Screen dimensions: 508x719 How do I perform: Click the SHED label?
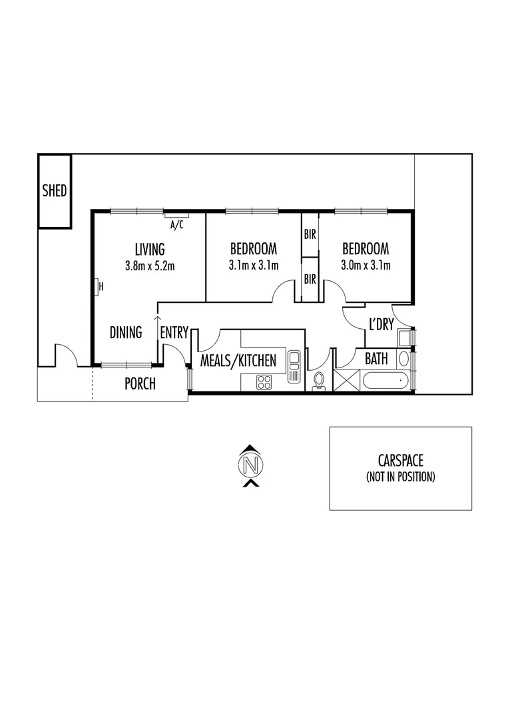click(x=55, y=191)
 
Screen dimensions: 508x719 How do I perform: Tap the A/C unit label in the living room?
click(x=176, y=225)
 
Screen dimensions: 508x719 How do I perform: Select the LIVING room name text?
click(x=149, y=250)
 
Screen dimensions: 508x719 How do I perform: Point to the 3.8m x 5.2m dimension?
click(x=149, y=266)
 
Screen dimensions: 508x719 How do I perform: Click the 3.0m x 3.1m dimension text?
click(x=366, y=266)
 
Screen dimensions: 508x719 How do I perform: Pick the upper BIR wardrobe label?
click(x=310, y=234)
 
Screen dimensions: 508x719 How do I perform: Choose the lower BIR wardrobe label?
click(x=310, y=280)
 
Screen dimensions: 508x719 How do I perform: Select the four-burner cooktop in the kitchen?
click(x=264, y=382)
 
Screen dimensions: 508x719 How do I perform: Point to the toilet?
click(x=318, y=381)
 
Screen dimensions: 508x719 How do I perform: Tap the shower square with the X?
click(x=347, y=381)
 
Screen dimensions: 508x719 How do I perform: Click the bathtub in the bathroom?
click(x=385, y=381)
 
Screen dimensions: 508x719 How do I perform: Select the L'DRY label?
click(x=381, y=325)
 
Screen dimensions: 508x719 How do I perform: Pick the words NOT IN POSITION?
click(x=401, y=477)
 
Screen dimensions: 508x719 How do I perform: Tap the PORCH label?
click(x=140, y=383)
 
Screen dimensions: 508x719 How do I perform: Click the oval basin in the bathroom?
click(x=403, y=358)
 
